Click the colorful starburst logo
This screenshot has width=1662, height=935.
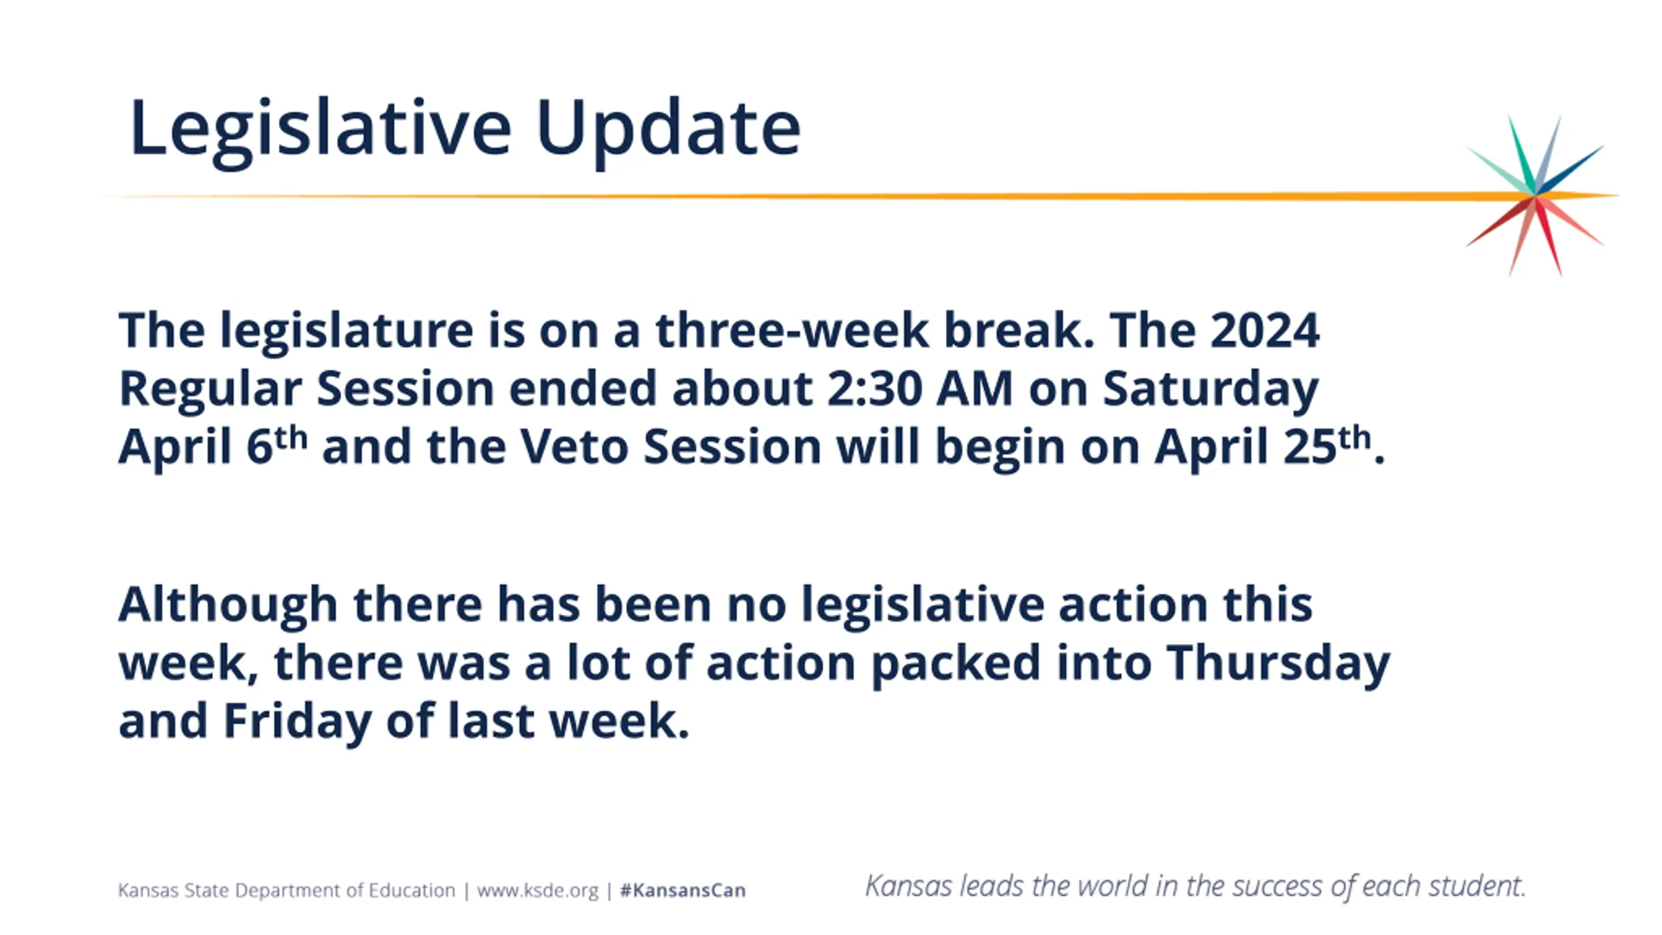[x=1535, y=195]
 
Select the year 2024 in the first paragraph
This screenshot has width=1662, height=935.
[x=1265, y=330]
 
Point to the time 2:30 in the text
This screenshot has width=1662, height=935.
[x=874, y=388]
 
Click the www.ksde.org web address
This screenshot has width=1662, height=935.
[x=538, y=890]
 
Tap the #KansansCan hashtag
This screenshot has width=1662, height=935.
[x=682, y=890]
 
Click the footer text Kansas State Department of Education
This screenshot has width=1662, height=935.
[x=286, y=890]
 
